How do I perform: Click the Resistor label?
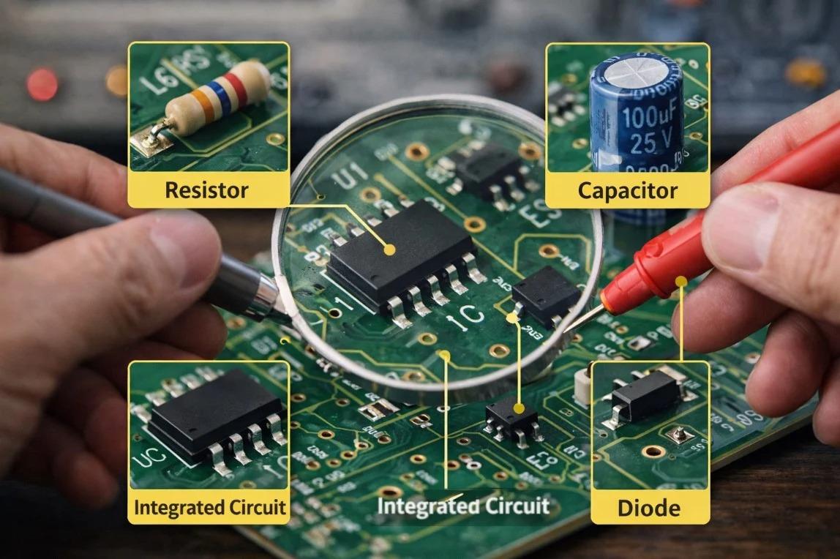click(x=206, y=191)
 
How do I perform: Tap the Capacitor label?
click(x=627, y=191)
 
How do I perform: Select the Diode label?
click(x=649, y=508)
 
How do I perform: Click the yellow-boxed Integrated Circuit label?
click(x=209, y=507)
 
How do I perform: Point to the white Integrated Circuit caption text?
click(x=462, y=506)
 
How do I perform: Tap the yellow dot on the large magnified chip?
click(x=390, y=250)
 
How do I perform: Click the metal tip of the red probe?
click(x=581, y=320)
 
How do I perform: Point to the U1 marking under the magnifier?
click(x=347, y=176)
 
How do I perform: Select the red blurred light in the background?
click(x=42, y=84)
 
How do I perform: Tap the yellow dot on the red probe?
click(x=681, y=279)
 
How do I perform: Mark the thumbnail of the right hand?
click(x=739, y=220)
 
